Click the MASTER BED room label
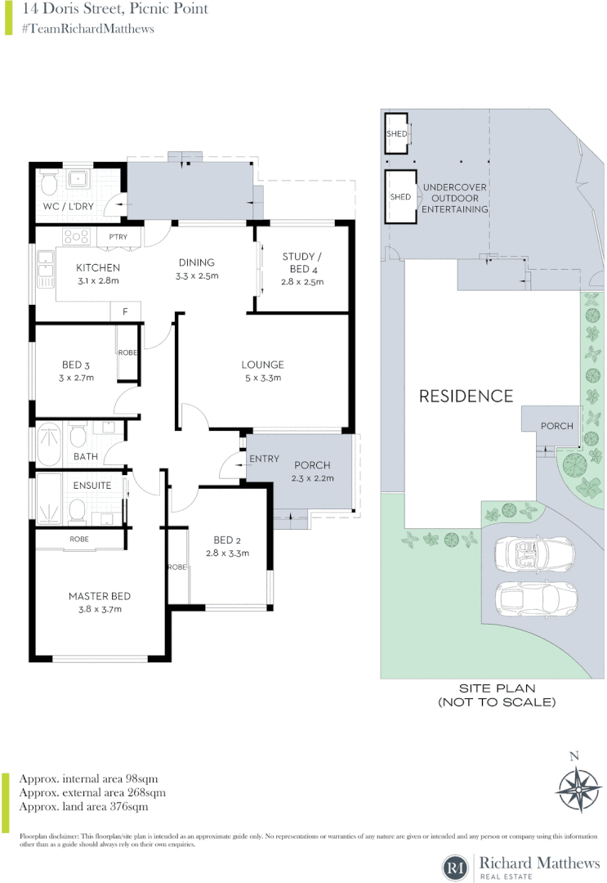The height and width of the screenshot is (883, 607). coord(100,596)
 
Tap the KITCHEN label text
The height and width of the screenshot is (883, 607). coord(98,267)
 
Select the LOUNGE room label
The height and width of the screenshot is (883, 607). coord(262,365)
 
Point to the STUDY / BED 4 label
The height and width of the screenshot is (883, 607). coord(302,262)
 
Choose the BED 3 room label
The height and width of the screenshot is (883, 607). coord(78,365)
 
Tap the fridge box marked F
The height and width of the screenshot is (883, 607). coord(125,312)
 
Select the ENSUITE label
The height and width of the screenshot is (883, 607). coord(92,485)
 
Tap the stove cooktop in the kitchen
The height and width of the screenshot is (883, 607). coord(76,237)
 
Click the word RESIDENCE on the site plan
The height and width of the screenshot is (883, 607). coord(466,397)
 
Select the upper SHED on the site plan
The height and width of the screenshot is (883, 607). coord(397,133)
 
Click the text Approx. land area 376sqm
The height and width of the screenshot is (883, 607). coord(83,807)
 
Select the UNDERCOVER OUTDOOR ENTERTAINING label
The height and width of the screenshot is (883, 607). coord(453,199)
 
